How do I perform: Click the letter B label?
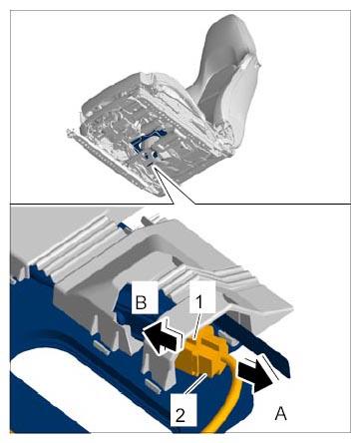pyautogui.click(x=142, y=302)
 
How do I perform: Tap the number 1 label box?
pyautogui.click(x=198, y=301)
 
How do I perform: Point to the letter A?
pyautogui.click(x=281, y=414)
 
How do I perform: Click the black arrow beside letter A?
pyautogui.click(x=256, y=375)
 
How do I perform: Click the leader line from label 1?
pyautogui.click(x=196, y=325)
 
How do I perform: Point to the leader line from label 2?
pyautogui.click(x=197, y=383)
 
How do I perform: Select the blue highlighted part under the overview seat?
pyautogui.click(x=148, y=144)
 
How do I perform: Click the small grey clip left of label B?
pyautogui.click(x=102, y=345)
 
